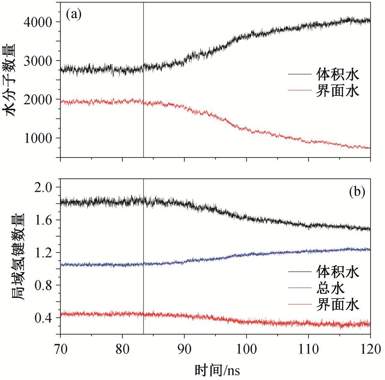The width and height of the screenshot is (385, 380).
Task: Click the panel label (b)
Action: click(x=357, y=191)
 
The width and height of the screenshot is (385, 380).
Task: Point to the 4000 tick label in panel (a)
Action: click(x=40, y=22)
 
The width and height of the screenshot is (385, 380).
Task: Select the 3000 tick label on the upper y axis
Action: click(x=40, y=61)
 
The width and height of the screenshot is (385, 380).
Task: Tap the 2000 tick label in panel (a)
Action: click(x=40, y=99)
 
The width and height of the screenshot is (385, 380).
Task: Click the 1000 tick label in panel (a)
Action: click(x=40, y=138)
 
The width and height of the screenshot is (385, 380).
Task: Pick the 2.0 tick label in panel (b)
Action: click(x=45, y=187)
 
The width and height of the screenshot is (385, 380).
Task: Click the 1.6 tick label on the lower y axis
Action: click(x=45, y=220)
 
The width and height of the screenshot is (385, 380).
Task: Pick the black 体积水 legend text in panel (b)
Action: click(x=336, y=271)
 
